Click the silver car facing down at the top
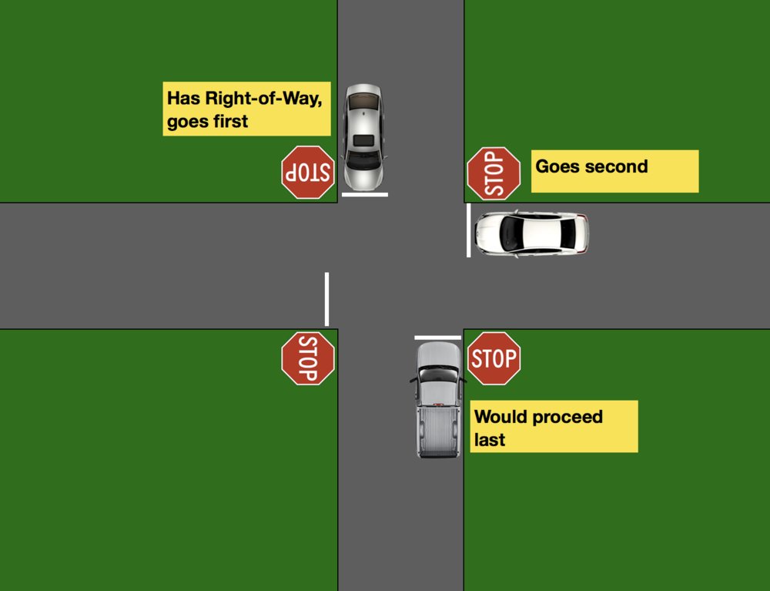pyautogui.click(x=363, y=137)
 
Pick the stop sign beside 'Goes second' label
pyautogui.click(x=494, y=173)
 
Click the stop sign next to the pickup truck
pyautogui.click(x=494, y=358)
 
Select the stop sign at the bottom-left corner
pyautogui.click(x=308, y=358)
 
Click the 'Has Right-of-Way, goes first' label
pyautogui.click(x=246, y=109)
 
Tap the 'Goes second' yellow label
pyautogui.click(x=614, y=171)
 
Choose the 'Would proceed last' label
pyautogui.click(x=554, y=426)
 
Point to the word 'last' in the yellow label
pyautogui.click(x=490, y=439)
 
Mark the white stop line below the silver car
pyautogui.click(x=364, y=195)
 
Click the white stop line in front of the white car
pyautogui.click(x=468, y=230)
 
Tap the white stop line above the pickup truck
pyautogui.click(x=437, y=337)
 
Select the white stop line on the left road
pyautogui.click(x=326, y=299)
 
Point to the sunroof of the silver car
pyautogui.click(x=363, y=142)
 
